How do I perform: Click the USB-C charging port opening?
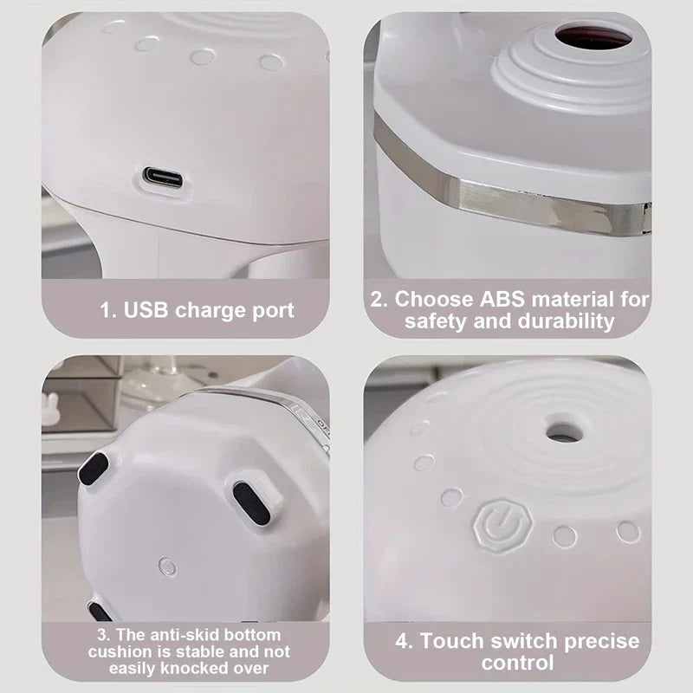click(x=163, y=178)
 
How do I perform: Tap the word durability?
click(x=564, y=321)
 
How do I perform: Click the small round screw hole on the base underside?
click(x=168, y=567)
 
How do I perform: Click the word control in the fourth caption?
click(x=517, y=664)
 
